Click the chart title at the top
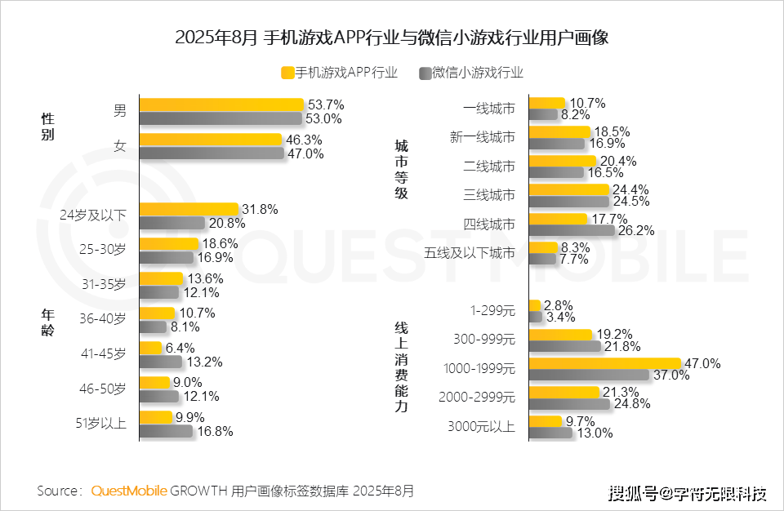point(392,38)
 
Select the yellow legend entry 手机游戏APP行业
point(339,73)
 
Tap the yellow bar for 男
point(221,104)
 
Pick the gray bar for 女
point(212,153)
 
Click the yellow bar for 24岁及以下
point(189,210)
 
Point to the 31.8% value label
point(260,210)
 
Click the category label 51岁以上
point(102,424)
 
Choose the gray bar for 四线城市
point(572,230)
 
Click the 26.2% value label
point(636,231)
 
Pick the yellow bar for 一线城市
point(547,103)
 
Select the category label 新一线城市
point(483,137)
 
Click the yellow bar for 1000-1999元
point(605,363)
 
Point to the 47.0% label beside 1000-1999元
point(705,363)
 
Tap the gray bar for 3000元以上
point(551,433)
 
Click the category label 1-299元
point(492,310)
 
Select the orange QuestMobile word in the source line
point(129,491)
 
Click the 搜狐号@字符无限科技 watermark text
point(688,493)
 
